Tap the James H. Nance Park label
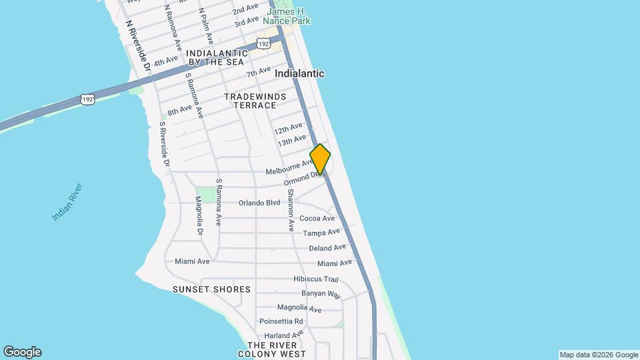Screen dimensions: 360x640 click(x=289, y=16)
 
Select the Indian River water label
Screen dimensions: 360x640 click(x=67, y=201)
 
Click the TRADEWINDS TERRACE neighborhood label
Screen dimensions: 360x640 click(x=255, y=101)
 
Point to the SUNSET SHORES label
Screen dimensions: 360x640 click(x=211, y=289)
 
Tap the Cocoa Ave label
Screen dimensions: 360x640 click(x=317, y=218)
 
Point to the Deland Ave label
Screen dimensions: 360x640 click(x=327, y=248)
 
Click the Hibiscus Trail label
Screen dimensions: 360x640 click(x=316, y=279)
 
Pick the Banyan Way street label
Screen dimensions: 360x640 click(x=321, y=294)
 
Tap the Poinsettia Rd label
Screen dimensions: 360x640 click(x=281, y=321)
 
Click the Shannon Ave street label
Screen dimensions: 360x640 click(x=291, y=210)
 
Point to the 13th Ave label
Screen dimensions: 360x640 click(x=291, y=141)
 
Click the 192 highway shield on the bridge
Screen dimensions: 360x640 click(x=87, y=99)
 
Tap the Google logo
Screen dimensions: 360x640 click(x=22, y=352)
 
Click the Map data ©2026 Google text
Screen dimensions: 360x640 click(x=599, y=355)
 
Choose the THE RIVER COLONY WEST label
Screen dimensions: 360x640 click(x=276, y=349)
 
